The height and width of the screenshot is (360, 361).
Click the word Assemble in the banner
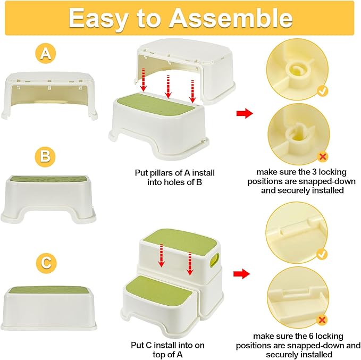(230, 19)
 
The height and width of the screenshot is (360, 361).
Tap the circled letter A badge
(46, 54)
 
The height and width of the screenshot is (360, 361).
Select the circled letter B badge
(45, 156)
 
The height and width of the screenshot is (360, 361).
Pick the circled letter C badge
(46, 264)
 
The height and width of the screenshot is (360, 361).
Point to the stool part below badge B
(48, 199)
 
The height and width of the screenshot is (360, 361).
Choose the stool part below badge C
(48, 308)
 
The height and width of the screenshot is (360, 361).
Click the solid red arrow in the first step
(245, 113)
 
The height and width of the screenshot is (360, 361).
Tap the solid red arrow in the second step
(241, 274)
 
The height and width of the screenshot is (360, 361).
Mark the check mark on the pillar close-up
(323, 91)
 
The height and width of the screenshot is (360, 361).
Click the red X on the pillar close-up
(323, 157)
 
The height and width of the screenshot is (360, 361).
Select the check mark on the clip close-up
(322, 255)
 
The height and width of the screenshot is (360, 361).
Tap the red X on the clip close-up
(322, 320)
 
